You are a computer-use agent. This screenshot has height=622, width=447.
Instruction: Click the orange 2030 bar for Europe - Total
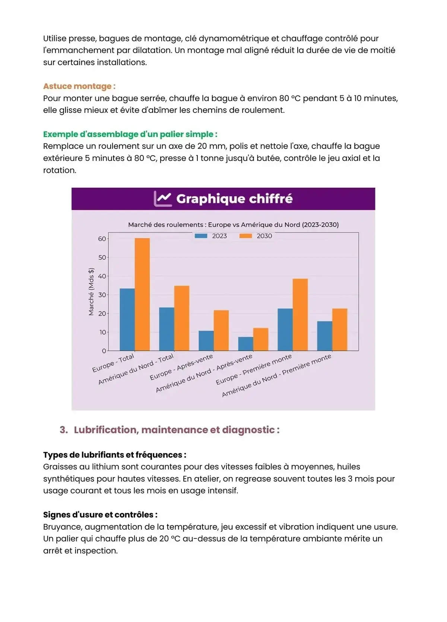[x=142, y=294]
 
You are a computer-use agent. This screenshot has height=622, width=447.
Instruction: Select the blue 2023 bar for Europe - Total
[x=127, y=320]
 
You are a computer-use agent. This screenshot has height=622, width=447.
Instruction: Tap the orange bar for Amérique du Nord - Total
[x=182, y=318]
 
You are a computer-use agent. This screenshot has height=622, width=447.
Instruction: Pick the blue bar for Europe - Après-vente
[x=206, y=341]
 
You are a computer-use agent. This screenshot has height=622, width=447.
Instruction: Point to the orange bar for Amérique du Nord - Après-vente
[x=261, y=339]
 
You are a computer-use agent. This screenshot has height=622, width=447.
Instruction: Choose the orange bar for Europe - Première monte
[x=300, y=315]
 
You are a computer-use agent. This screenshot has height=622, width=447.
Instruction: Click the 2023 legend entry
[x=211, y=236]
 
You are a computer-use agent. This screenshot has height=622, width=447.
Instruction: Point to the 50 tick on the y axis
[x=102, y=257]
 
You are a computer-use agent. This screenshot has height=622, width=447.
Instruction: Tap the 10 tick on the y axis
[x=102, y=332]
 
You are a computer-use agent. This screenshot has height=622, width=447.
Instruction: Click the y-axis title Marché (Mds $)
[x=91, y=292]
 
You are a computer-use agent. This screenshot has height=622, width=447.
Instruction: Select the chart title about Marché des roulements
[x=233, y=225]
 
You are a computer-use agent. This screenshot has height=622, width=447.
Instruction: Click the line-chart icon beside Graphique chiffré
[x=163, y=199]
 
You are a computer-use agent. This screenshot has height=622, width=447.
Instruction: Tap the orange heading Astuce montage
[x=79, y=86]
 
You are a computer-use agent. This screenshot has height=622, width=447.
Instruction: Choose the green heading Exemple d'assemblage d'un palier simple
[x=130, y=134]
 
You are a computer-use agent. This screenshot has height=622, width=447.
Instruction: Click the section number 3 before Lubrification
[x=63, y=430]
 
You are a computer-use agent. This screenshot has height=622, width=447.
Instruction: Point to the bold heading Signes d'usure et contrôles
[x=100, y=515]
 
